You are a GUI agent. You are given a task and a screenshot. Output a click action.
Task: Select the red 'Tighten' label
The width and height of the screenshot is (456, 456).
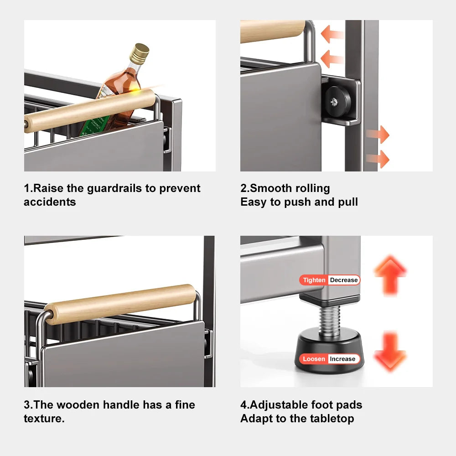pos(314,280)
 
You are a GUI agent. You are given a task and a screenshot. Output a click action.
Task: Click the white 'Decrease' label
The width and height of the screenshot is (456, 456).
pos(344,280)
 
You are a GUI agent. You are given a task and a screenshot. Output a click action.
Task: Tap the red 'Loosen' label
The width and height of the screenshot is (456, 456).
pos(314,359)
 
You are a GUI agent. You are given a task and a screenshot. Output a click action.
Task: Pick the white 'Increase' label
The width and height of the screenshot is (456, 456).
pos(342,359)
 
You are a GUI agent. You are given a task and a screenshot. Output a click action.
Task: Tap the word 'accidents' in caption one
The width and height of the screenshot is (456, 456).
pos(50,202)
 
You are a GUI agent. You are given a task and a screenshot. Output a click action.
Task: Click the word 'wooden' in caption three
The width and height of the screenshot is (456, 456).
pos(78,404)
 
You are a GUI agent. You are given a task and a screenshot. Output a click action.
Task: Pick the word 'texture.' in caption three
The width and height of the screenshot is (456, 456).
pos(44,418)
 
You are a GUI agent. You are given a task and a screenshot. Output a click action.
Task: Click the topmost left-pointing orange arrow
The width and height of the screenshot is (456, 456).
pos(332,34)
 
